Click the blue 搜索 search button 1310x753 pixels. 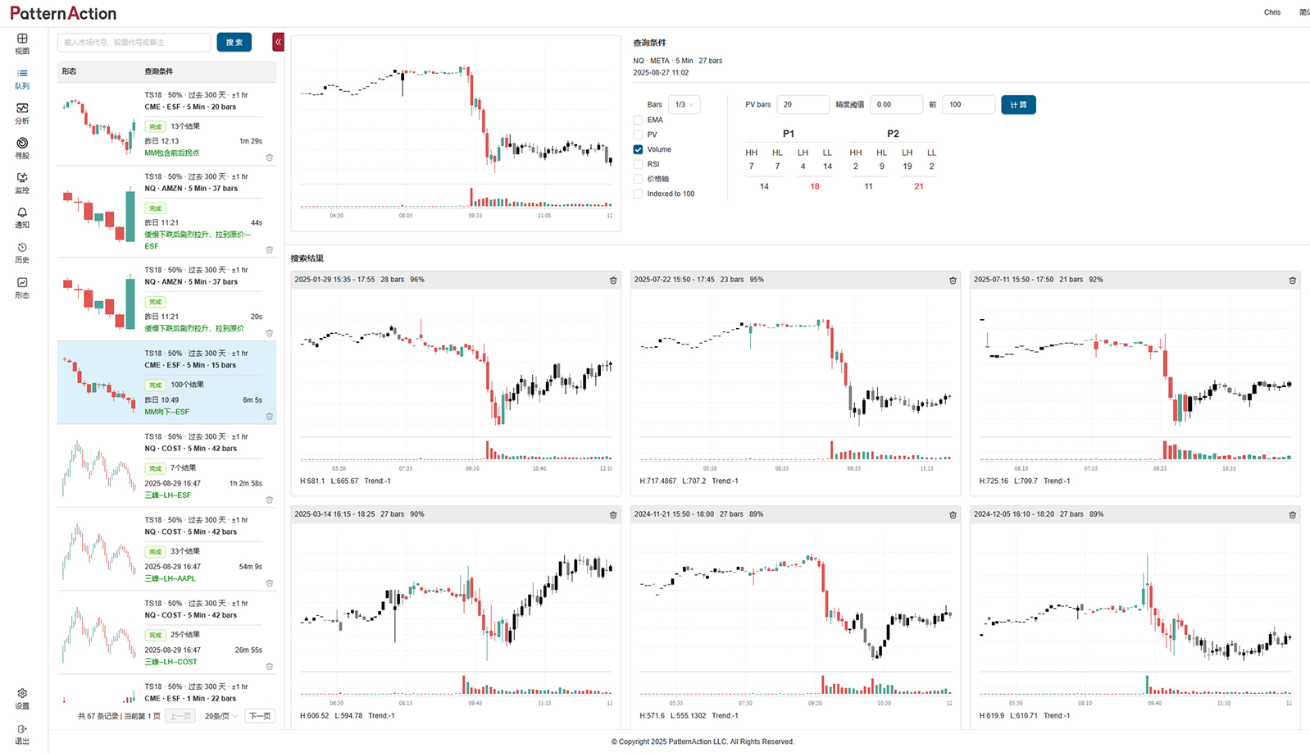pyautogui.click(x=234, y=43)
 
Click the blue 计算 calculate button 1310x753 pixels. pyautogui.click(x=1018, y=105)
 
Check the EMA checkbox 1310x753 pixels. pyautogui.click(x=638, y=120)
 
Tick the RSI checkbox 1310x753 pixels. pyautogui.click(x=638, y=164)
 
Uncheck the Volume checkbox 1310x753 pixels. pyautogui.click(x=638, y=149)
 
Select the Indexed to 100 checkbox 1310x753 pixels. pyautogui.click(x=638, y=194)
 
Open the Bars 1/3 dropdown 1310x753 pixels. pyautogui.click(x=684, y=105)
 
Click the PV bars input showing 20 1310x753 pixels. pyautogui.click(x=802, y=105)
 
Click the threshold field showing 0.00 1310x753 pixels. pyautogui.click(x=895, y=105)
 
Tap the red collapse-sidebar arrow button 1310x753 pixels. pyautogui.click(x=279, y=42)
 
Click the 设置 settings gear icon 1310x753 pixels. pyautogui.click(x=22, y=694)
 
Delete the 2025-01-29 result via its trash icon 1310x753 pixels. pyautogui.click(x=613, y=281)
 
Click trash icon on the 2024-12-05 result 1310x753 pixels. pyautogui.click(x=1292, y=515)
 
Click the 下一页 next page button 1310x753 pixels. pyautogui.click(x=260, y=716)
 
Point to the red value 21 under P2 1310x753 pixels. pyautogui.click(x=918, y=186)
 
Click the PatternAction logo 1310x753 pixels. pyautogui.click(x=63, y=13)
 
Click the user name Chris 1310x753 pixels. pyautogui.click(x=1271, y=12)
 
